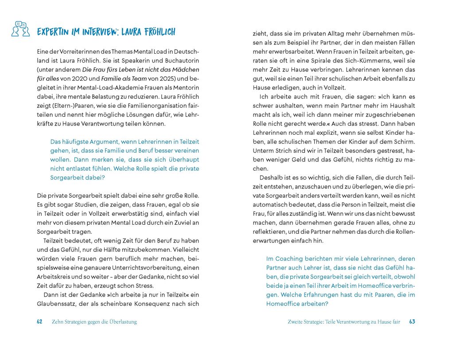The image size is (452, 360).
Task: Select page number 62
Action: pos(39,322)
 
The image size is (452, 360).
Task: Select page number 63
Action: pos(412,322)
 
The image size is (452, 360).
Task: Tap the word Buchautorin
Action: pos(181,60)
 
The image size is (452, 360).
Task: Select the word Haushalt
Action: pos(401,106)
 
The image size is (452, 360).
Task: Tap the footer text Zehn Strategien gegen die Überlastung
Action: pos(94,322)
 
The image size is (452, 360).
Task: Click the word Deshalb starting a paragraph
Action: pos(271,178)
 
